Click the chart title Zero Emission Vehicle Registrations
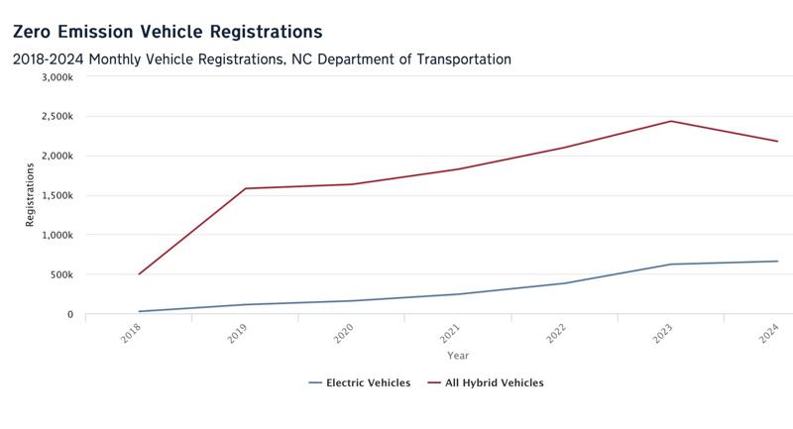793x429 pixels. click(167, 33)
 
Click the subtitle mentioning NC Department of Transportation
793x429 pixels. click(262, 59)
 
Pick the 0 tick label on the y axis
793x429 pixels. click(70, 314)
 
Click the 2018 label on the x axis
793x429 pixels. click(132, 333)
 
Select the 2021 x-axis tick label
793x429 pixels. click(451, 333)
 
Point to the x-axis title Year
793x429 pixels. click(458, 355)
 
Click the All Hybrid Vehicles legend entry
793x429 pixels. click(486, 382)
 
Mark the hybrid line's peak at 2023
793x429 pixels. click(671, 121)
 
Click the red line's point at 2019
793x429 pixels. click(245, 188)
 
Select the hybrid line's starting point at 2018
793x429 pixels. click(139, 273)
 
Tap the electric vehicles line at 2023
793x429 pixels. click(671, 265)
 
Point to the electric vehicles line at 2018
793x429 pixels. click(139, 311)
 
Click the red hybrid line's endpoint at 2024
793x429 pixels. click(777, 141)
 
